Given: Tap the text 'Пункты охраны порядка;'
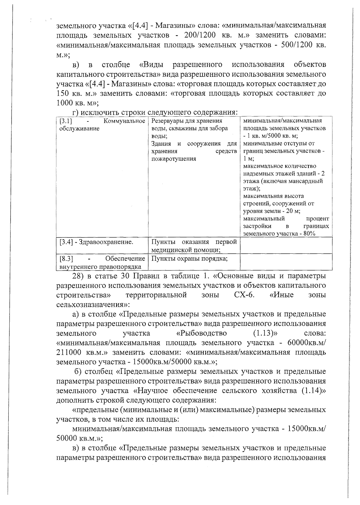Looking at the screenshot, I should [189, 258].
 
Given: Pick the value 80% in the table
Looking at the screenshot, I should [309, 234].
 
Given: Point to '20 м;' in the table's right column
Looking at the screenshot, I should [293, 211].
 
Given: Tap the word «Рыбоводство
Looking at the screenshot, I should [201, 333].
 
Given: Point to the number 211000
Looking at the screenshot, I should [69, 352].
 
